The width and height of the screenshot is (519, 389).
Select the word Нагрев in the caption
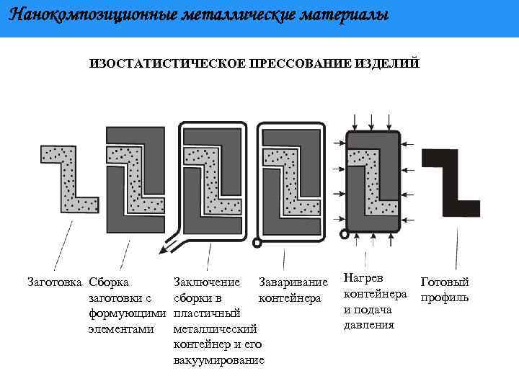[x=363, y=277]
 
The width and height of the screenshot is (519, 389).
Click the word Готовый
[x=444, y=282]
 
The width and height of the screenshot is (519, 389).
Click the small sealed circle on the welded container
[x=257, y=243]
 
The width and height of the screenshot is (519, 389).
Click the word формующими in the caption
[x=127, y=313]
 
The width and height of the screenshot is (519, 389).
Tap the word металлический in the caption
[x=216, y=328]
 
